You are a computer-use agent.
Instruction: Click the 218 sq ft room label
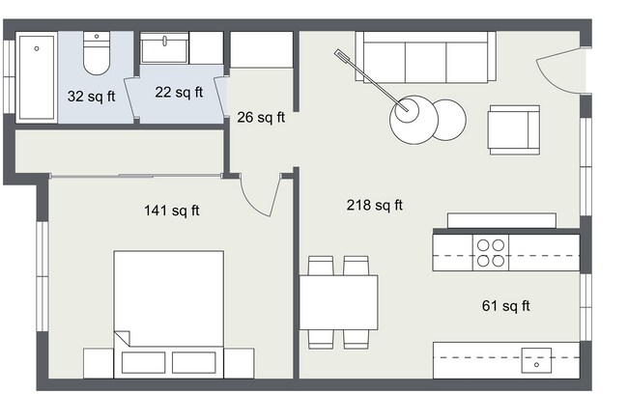coord(374,205)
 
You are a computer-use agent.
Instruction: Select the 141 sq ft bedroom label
coord(171,211)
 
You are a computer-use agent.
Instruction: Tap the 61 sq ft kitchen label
coord(505,306)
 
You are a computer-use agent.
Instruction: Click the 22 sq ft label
coord(179,93)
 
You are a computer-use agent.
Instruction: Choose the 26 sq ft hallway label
coord(261,118)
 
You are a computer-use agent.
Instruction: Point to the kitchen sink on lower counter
coord(535,358)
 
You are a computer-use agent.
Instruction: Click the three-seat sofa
coord(425,58)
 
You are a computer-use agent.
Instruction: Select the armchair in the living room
coord(513,128)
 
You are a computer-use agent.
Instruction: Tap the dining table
coord(337,301)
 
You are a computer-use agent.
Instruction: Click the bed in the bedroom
coord(169,309)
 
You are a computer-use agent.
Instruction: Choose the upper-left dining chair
coord(320,266)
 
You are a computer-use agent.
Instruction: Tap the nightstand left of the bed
coord(99,362)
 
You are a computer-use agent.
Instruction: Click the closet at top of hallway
coord(261,49)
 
